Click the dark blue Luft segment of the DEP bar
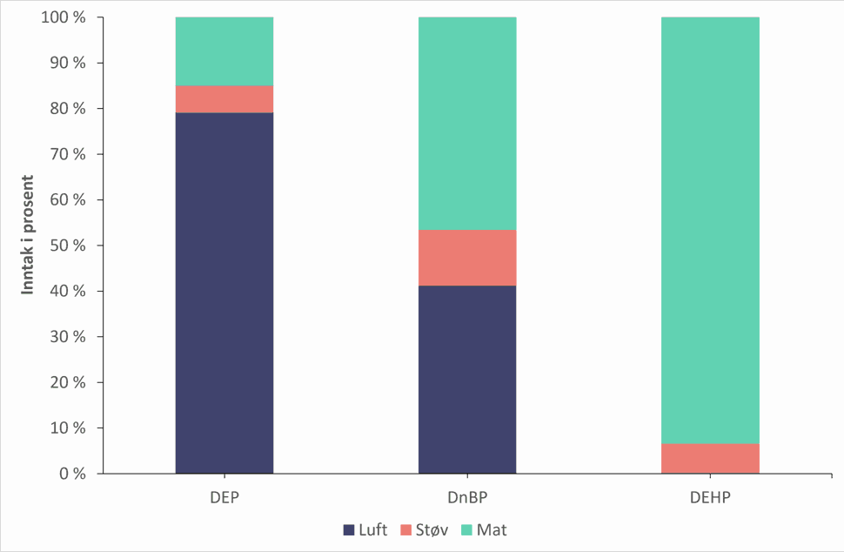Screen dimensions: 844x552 tap(224, 293)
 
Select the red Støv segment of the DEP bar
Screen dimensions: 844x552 tap(224, 99)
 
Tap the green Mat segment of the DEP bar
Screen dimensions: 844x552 tap(224, 51)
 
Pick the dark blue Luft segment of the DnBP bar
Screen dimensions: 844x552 tap(467, 380)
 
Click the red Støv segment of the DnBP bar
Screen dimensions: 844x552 tap(467, 258)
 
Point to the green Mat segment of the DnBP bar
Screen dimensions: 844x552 tap(467, 124)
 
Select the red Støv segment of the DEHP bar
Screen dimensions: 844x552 tap(710, 459)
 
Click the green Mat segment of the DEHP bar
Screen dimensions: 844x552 tap(710, 231)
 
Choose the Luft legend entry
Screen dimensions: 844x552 tap(365, 530)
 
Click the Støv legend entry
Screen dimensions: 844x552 tap(424, 530)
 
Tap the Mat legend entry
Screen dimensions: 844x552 tap(484, 530)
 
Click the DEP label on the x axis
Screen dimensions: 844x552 tap(224, 497)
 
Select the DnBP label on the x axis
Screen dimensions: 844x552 tap(467, 497)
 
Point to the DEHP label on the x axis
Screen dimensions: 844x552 tap(710, 497)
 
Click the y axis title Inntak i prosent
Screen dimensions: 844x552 tap(28, 235)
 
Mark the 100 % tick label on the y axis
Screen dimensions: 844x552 tap(64, 17)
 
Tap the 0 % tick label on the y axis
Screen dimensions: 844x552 tap(72, 474)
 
